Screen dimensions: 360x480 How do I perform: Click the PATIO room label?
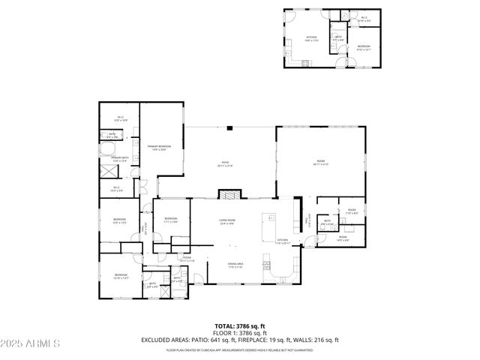pyautogui.click(x=224, y=163)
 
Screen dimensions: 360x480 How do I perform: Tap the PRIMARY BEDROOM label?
pyautogui.click(x=159, y=147)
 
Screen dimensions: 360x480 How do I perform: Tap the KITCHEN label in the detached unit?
pyautogui.click(x=310, y=37)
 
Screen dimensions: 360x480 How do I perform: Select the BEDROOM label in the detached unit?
pyautogui.click(x=364, y=46)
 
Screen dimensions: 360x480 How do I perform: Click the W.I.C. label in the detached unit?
pyautogui.click(x=364, y=19)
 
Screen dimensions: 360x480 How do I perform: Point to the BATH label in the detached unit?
pyautogui.click(x=338, y=37)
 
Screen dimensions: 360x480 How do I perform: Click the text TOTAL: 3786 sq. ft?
pyautogui.click(x=239, y=326)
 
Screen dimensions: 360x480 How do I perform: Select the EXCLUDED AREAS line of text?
pyautogui.click(x=239, y=340)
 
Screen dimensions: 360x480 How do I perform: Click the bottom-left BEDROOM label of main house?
pyautogui.click(x=121, y=275)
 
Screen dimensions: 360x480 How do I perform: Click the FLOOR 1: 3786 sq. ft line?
pyautogui.click(x=239, y=333)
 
